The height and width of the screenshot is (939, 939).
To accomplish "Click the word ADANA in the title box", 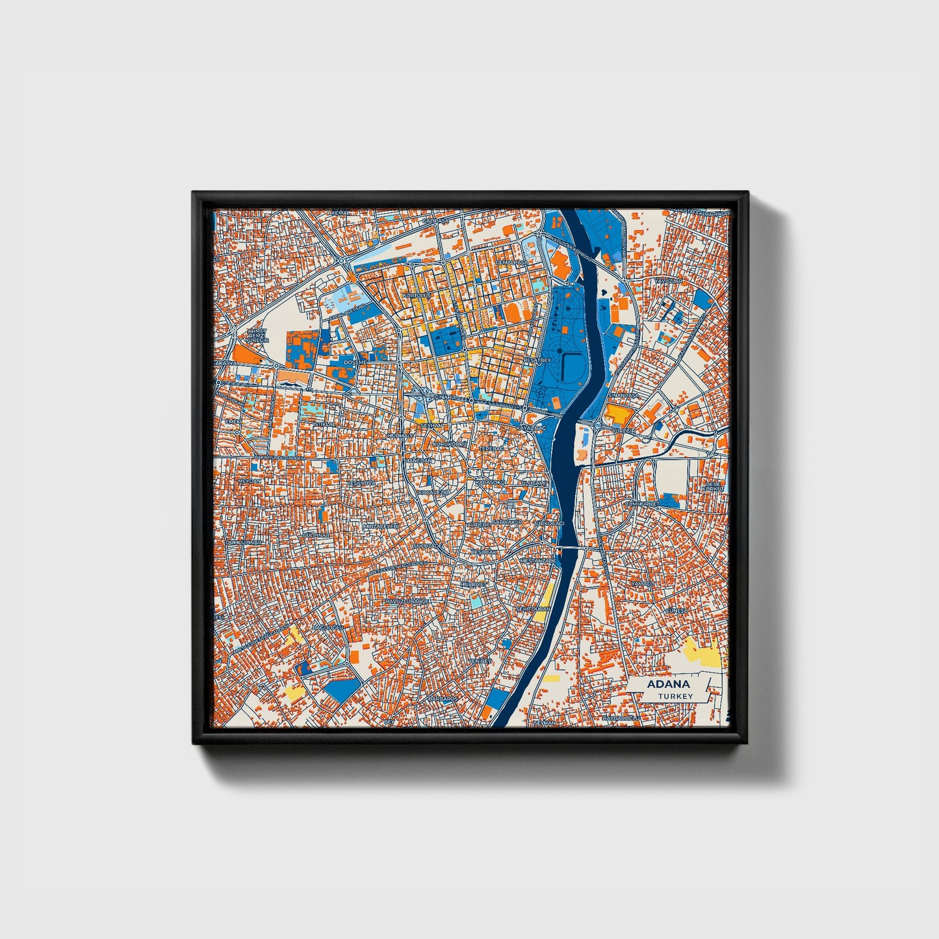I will click(x=668, y=684).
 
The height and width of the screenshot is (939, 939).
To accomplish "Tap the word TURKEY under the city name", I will click(x=675, y=696).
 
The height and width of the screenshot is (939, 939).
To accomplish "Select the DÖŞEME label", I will click(x=355, y=362).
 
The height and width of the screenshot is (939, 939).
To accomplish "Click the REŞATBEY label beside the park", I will click(x=537, y=360).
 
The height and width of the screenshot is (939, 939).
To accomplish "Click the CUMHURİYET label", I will click(x=642, y=504).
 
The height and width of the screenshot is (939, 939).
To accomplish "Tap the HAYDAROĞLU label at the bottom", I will click(x=621, y=718).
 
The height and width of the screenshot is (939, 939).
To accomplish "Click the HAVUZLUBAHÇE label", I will click(x=407, y=602).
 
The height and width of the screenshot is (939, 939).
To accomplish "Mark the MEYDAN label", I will click(x=250, y=481).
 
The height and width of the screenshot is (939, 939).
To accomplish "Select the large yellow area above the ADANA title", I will click(x=702, y=652).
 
